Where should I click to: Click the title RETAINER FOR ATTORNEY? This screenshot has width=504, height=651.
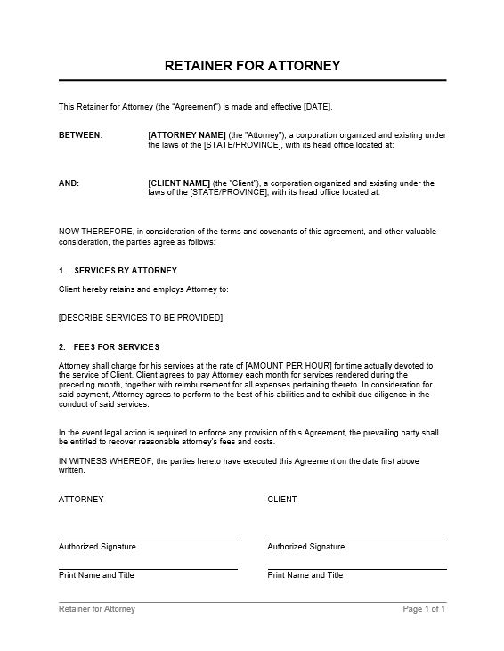click(252, 66)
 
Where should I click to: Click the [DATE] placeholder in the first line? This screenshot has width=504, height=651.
click(317, 107)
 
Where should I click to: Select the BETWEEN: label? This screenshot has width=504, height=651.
click(80, 135)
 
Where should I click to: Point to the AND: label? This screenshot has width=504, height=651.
click(69, 183)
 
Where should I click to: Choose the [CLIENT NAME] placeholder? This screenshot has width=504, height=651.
click(179, 183)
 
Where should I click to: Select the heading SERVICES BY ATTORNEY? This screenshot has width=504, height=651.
click(126, 270)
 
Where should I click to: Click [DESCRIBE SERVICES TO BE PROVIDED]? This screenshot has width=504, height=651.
click(141, 318)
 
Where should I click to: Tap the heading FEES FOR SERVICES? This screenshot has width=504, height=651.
click(118, 346)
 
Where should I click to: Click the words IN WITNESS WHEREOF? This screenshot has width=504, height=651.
click(109, 461)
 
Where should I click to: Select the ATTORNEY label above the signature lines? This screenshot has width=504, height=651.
click(81, 500)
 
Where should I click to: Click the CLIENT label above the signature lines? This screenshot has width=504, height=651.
click(282, 500)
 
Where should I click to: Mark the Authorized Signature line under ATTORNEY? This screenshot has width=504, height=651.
click(148, 540)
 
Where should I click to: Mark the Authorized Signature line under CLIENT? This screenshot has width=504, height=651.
click(356, 540)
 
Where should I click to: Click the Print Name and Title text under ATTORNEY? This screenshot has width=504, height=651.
click(96, 575)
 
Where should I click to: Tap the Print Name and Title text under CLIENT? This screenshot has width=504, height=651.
click(305, 575)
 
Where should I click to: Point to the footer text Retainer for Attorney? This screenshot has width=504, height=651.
click(97, 609)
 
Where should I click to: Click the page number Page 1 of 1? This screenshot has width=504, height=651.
click(424, 609)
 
